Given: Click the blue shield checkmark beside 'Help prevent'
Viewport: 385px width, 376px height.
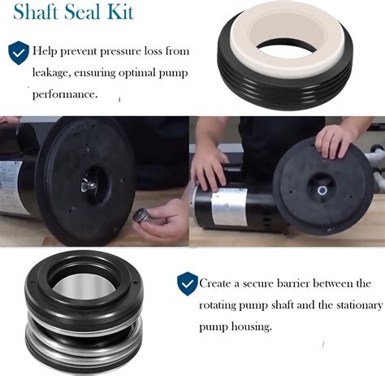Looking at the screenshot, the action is [19, 53].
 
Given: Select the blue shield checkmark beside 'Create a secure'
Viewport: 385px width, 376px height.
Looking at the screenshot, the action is [188, 283].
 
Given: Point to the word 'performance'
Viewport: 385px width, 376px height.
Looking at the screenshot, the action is [65, 94].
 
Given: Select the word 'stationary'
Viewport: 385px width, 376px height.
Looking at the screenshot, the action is [359, 305].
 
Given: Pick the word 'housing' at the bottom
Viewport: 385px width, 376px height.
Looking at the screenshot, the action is [251, 326].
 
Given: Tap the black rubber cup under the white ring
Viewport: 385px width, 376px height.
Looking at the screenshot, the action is [285, 89].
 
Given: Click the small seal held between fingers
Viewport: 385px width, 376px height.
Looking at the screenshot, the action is [141, 216].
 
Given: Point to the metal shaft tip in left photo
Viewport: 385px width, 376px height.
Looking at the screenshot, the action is [89, 186].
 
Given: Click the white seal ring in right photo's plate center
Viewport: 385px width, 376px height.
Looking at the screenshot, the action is [322, 191].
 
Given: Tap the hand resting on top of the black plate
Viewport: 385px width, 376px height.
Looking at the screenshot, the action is [336, 141].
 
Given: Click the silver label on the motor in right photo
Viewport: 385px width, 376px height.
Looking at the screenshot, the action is [230, 207].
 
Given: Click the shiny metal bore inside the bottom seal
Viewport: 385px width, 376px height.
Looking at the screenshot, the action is [84, 287].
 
